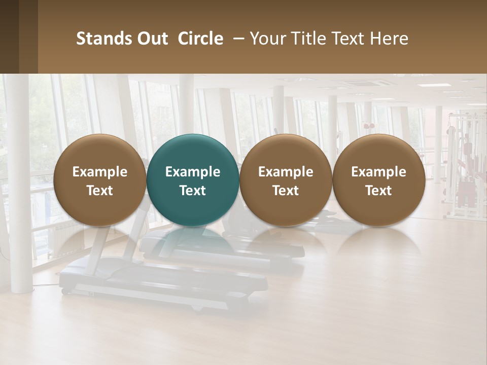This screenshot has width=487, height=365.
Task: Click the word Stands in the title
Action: click(98, 39)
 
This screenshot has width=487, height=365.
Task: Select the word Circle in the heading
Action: click(200, 39)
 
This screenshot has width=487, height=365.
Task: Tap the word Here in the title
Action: click(389, 39)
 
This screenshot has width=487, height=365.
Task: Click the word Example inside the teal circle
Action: click(193, 172)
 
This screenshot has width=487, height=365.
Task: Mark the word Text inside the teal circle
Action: click(193, 191)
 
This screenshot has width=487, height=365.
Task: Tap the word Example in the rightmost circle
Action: click(378, 172)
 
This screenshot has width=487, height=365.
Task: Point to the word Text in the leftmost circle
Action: click(99, 191)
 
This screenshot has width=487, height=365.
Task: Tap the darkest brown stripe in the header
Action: click(9, 36)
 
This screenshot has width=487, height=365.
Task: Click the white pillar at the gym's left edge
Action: click(19, 203)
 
